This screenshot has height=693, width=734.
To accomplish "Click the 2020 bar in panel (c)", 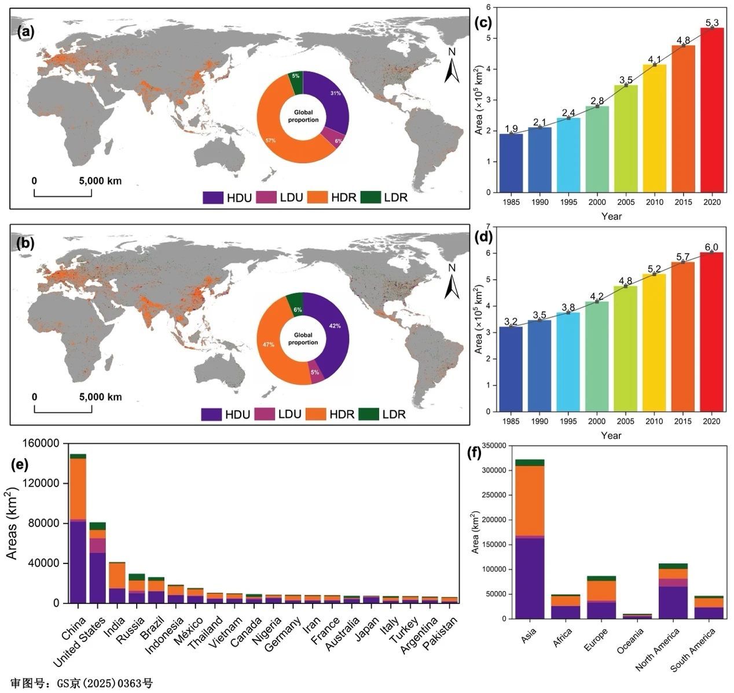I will click(x=712, y=110).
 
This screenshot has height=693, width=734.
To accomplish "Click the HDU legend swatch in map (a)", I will click(x=212, y=197).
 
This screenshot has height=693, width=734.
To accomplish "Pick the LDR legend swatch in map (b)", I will click(x=368, y=414).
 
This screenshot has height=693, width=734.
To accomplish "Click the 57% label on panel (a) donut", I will click(x=270, y=141).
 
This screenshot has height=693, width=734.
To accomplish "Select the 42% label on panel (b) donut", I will click(x=335, y=326).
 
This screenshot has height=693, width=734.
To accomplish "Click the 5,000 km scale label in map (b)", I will click(x=101, y=397).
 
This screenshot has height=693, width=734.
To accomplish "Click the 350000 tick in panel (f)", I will click(x=491, y=445).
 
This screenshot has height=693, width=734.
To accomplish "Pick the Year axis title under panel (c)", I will click(x=611, y=217).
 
